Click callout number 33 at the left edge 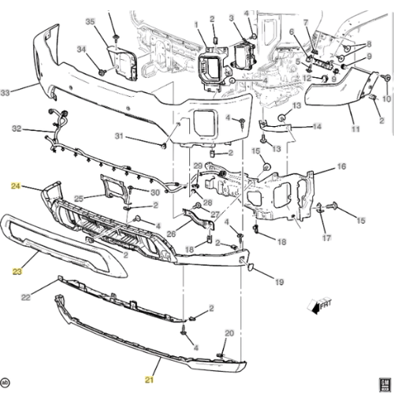click(x=6, y=93)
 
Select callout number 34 click(x=81, y=50)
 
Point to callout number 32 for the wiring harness click(x=16, y=128)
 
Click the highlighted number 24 click(x=15, y=187)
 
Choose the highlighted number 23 click(x=16, y=270)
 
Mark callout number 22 click(x=26, y=296)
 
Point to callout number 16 click(x=340, y=168)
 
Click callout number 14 click(x=317, y=126)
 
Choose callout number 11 click(x=355, y=128)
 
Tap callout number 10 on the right click(x=386, y=99)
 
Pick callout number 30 click(x=155, y=193)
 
